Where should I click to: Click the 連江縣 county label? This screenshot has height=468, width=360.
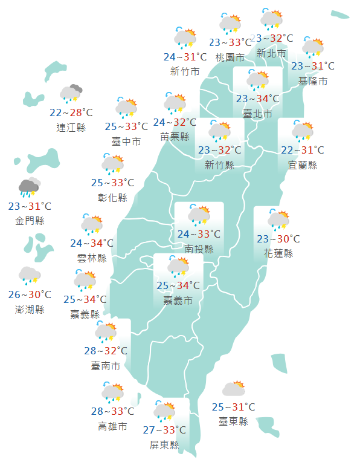(x=71, y=127)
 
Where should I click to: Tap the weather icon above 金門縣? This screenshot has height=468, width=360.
(x=29, y=187)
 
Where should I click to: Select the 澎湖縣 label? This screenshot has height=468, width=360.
(x=30, y=310)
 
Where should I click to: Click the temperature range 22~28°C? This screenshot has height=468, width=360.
(x=71, y=112)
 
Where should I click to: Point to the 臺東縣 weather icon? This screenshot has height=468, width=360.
(x=233, y=389)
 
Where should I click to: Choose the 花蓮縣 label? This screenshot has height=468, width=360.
(x=278, y=253)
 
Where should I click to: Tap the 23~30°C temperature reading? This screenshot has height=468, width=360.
(x=278, y=239)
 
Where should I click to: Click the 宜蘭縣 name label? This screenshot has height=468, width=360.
(x=302, y=164)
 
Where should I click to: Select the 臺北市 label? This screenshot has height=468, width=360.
(x=257, y=113)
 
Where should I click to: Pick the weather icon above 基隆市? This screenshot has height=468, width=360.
(x=313, y=47)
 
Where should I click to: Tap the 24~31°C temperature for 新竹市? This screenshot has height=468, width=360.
(x=185, y=57)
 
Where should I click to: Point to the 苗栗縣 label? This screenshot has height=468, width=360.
(x=175, y=137)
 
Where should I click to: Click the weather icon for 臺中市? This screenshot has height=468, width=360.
(x=127, y=107)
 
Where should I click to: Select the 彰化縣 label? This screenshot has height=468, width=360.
(x=112, y=197)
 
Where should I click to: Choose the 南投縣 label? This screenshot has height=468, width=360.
(x=199, y=249)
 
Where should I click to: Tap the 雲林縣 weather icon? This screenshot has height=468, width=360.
(x=92, y=224)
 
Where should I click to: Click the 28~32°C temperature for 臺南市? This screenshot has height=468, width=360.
(x=106, y=351)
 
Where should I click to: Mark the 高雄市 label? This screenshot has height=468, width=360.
(x=112, y=426)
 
